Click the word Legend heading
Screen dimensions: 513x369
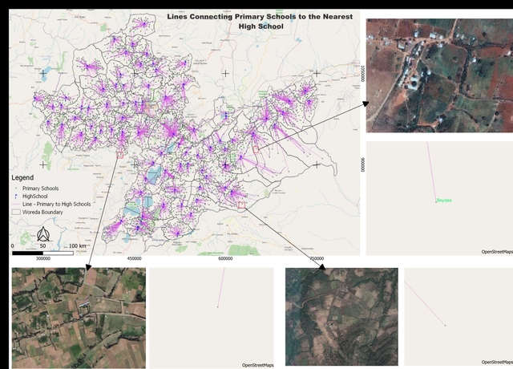[22, 176]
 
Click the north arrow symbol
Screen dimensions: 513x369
[43, 233]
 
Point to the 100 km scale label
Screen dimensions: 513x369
[78, 245]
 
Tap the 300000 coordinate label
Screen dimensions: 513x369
[43, 259]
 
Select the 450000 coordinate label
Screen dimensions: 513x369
[134, 259]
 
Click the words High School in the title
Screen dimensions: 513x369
[261, 26]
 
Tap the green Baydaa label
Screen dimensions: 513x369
[443, 200]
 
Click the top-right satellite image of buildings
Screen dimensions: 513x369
[438, 75]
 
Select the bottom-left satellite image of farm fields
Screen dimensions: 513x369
[79, 318]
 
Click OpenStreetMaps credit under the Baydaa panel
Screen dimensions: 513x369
[496, 252]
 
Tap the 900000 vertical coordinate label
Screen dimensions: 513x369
[362, 164]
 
